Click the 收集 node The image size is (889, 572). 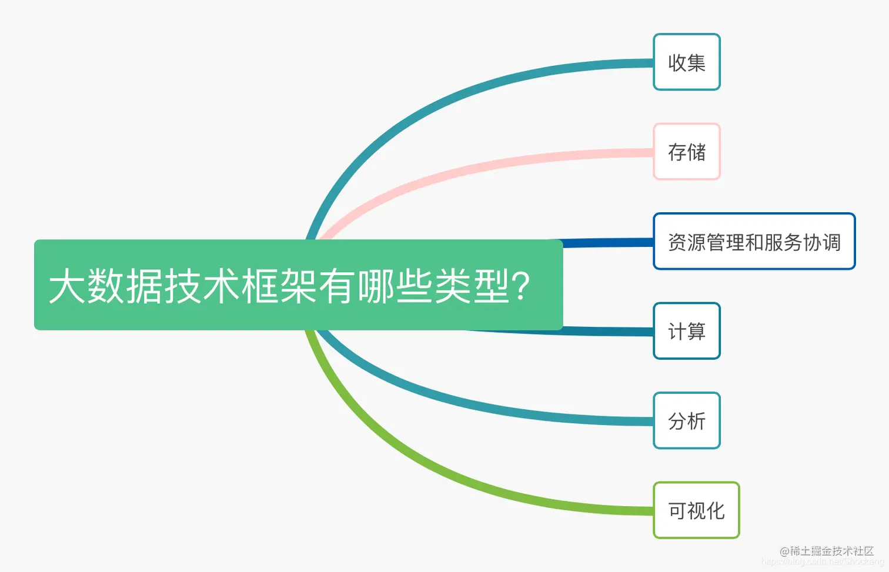point(686,62)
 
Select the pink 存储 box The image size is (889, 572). point(686,152)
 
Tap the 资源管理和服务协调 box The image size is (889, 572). point(754,242)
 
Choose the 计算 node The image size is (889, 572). point(686,331)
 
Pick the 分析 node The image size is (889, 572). point(686,421)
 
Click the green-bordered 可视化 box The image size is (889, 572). point(696,510)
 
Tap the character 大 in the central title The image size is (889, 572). point(67,286)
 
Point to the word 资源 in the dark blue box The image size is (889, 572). point(687,242)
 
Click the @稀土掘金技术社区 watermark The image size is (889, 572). point(827,551)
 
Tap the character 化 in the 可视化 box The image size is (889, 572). point(716,510)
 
